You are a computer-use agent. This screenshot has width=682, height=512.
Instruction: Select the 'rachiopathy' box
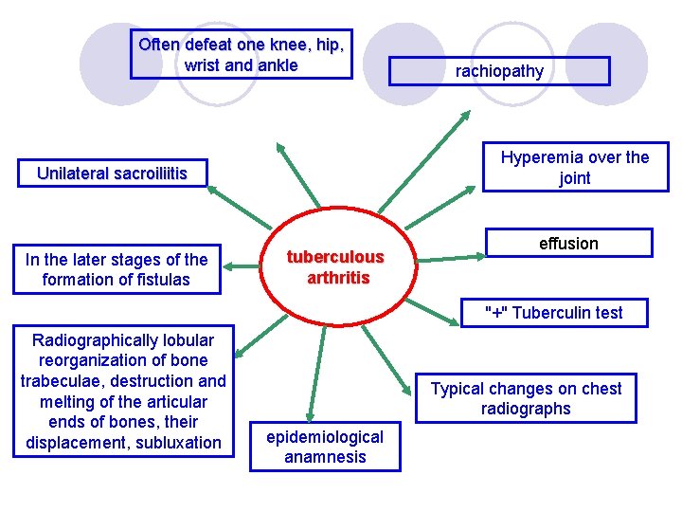(x=499, y=71)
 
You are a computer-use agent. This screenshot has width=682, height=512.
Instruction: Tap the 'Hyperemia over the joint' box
(x=575, y=168)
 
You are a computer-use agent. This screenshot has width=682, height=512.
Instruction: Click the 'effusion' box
(x=568, y=244)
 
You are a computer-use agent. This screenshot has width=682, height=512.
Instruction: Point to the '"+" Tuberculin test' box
(x=553, y=313)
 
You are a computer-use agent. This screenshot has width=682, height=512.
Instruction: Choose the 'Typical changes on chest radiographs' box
(x=526, y=398)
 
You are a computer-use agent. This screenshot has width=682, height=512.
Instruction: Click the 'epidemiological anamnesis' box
(x=325, y=447)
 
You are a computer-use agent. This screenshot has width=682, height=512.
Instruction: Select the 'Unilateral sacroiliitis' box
(x=112, y=173)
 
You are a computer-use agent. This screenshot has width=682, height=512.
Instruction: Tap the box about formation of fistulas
(x=117, y=269)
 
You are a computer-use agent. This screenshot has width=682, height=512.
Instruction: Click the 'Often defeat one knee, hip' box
(x=241, y=54)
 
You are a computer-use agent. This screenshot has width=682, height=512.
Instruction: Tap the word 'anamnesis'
(x=325, y=457)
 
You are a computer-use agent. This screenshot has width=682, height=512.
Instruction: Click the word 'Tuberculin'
(x=543, y=313)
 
